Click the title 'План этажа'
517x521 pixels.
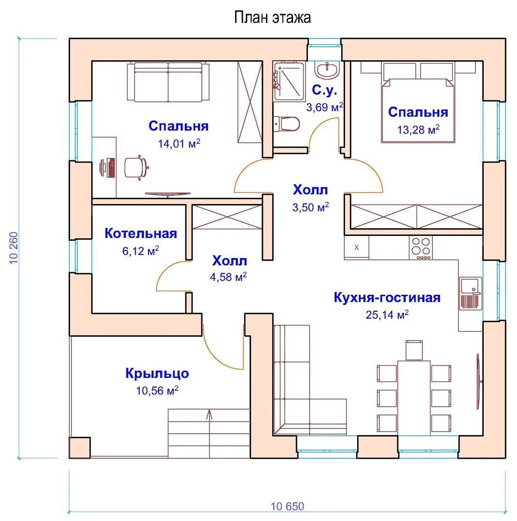point(272,17)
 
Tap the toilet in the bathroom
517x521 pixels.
point(286,123)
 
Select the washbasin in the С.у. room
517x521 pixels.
point(327,70)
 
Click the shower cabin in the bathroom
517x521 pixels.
point(289,81)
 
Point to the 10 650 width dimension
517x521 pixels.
point(287,507)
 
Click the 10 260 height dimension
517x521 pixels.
point(14,248)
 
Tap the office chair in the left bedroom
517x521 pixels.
point(136,167)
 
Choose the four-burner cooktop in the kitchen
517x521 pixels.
point(420,248)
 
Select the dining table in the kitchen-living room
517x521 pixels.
point(414,398)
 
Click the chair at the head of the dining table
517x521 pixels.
point(414,350)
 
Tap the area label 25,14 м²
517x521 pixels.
point(387,315)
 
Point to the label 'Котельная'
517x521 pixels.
point(140,233)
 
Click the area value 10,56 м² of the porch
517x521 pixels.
point(157,390)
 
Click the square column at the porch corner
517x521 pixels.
point(80,448)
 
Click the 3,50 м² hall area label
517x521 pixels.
point(310,207)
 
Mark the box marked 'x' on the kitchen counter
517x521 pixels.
point(356,247)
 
